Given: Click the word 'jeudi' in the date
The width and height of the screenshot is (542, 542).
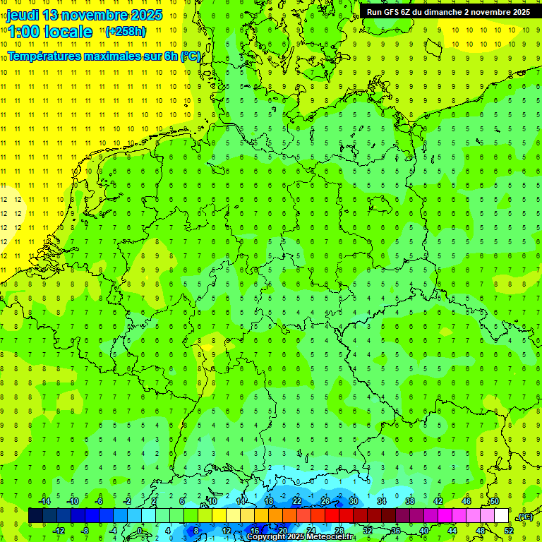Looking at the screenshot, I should [x=24, y=15].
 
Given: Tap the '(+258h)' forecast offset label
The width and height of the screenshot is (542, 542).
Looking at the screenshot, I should [x=126, y=32].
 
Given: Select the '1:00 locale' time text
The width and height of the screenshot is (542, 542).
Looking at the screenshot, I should [x=50, y=32].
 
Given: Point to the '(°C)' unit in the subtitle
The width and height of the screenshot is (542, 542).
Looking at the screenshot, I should [x=191, y=56].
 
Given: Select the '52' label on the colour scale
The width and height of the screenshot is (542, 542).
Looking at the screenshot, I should [x=509, y=530].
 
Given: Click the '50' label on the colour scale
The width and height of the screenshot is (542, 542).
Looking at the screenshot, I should [x=495, y=501].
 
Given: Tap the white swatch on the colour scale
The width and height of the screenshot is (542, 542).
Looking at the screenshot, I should [x=501, y=516].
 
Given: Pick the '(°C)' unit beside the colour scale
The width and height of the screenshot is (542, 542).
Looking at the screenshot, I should [x=525, y=517].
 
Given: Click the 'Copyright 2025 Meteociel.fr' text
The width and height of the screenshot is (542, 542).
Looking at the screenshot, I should [x=300, y=537].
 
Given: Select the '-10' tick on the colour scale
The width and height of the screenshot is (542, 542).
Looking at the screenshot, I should [x=72, y=501].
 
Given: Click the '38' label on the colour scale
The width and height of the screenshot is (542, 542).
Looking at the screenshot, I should [x=410, y=501].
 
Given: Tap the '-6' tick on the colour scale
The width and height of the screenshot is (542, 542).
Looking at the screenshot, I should [x=99, y=501].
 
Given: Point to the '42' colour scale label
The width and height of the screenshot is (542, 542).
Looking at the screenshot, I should [x=438, y=501].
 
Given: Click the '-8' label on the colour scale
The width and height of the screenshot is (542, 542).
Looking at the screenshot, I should [x=85, y=530].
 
